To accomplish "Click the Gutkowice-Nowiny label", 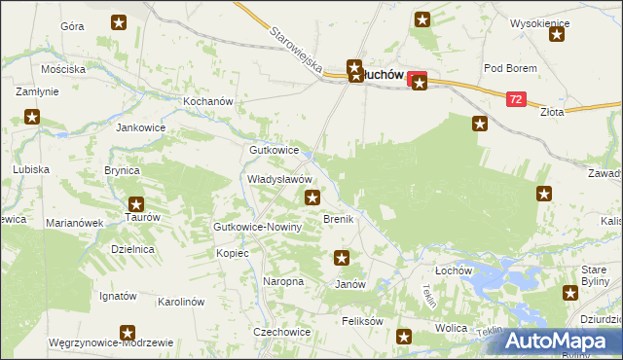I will (x=258, y=227).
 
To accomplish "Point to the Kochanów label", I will (x=208, y=101).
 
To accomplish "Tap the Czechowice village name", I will (x=281, y=332).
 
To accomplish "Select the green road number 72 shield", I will (x=516, y=99).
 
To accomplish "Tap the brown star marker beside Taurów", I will (x=136, y=204).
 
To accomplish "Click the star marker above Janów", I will (x=342, y=258).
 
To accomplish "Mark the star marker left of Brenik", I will (x=312, y=198).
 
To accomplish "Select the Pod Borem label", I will (x=505, y=68).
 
